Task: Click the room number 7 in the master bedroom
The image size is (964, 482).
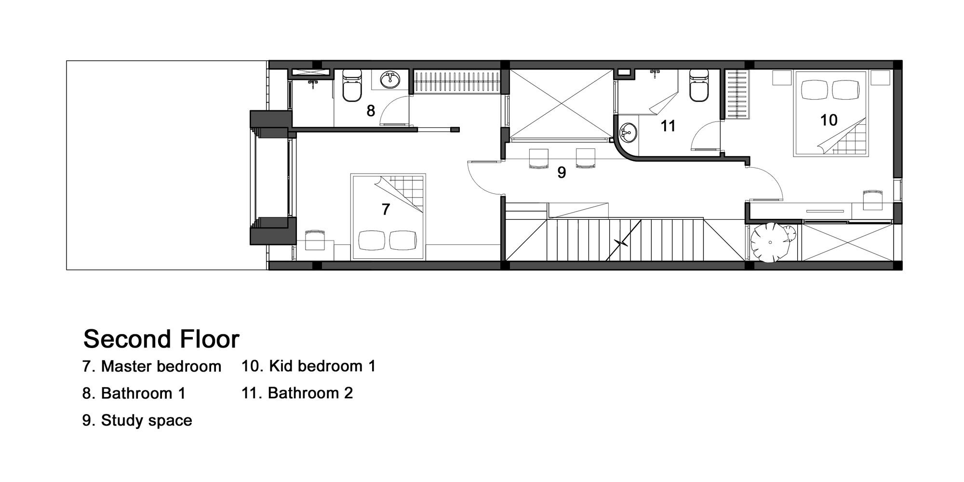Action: click(x=386, y=209)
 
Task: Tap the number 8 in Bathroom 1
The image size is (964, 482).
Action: click(x=371, y=111)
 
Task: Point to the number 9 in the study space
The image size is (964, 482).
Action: click(x=562, y=173)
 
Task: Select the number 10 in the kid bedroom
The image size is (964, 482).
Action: click(x=829, y=120)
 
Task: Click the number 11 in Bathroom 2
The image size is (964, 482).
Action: click(x=668, y=126)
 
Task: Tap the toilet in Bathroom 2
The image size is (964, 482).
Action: click(x=699, y=85)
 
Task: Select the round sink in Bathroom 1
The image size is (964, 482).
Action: click(x=389, y=80)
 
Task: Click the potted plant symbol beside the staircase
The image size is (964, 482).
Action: click(x=771, y=242)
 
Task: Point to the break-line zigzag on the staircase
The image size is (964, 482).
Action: click(x=622, y=242)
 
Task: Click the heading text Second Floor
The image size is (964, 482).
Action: click(x=161, y=339)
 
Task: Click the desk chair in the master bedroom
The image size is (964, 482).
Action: click(x=315, y=240)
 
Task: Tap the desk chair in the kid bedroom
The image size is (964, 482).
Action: click(x=873, y=200)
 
